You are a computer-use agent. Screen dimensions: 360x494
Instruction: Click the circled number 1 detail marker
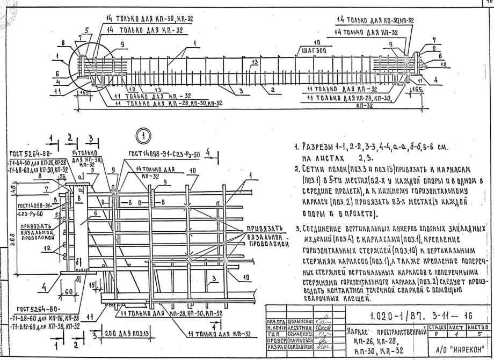pyautogui.click(x=143, y=136)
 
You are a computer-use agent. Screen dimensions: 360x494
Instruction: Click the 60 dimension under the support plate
pyautogui.click(x=68, y=291)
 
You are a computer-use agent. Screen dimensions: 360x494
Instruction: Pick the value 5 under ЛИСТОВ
pyautogui.click(x=477, y=333)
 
